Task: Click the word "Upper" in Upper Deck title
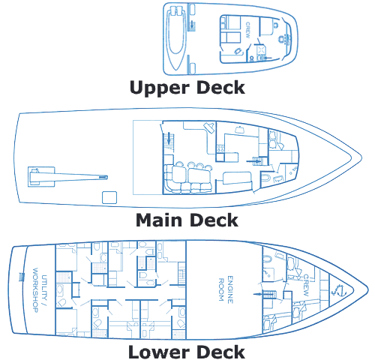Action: [x=160, y=88]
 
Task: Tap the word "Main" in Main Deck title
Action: [x=159, y=220]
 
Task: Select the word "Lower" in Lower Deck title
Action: [x=158, y=352]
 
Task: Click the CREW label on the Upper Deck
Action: [x=247, y=30]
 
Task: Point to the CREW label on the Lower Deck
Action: [x=306, y=285]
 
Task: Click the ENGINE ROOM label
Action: [x=226, y=289]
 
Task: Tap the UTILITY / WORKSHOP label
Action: [x=40, y=290]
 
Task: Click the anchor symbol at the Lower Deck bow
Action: [x=338, y=291]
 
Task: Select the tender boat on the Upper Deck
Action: [x=176, y=37]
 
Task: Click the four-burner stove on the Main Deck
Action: [x=220, y=148]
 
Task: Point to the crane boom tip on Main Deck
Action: [x=105, y=177]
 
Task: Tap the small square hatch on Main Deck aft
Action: [x=109, y=197]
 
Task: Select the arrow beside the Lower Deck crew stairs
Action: [x=257, y=294]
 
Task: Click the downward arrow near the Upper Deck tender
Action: [x=192, y=25]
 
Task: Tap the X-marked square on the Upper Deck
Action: [x=262, y=49]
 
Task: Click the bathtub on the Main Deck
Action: [x=265, y=178]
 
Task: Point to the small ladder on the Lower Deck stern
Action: [x=22, y=277]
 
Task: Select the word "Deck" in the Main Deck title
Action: [x=214, y=220]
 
